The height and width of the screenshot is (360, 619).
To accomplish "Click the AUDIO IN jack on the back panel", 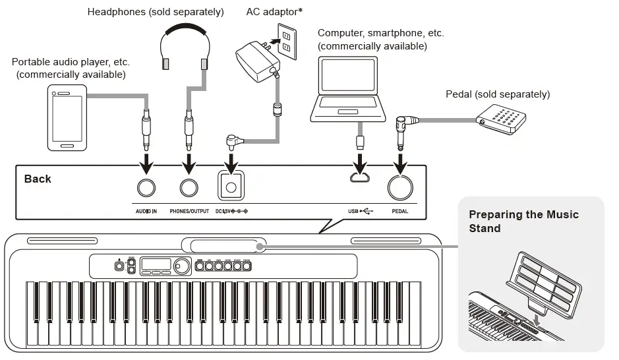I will [x=146, y=187].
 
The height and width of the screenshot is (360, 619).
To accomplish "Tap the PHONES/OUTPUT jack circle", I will [x=189, y=187].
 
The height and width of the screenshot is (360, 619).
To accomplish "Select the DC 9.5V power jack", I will [x=231, y=187].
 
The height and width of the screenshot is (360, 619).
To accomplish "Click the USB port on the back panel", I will [x=360, y=178].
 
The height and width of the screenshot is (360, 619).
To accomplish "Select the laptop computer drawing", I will [x=348, y=91].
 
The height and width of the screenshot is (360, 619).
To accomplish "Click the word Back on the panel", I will [x=38, y=179].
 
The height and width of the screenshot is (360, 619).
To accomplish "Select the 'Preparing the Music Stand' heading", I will [x=523, y=222].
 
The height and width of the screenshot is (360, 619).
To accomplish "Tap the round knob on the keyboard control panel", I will [x=179, y=266].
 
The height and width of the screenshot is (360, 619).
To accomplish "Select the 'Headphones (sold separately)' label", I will [x=156, y=12].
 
